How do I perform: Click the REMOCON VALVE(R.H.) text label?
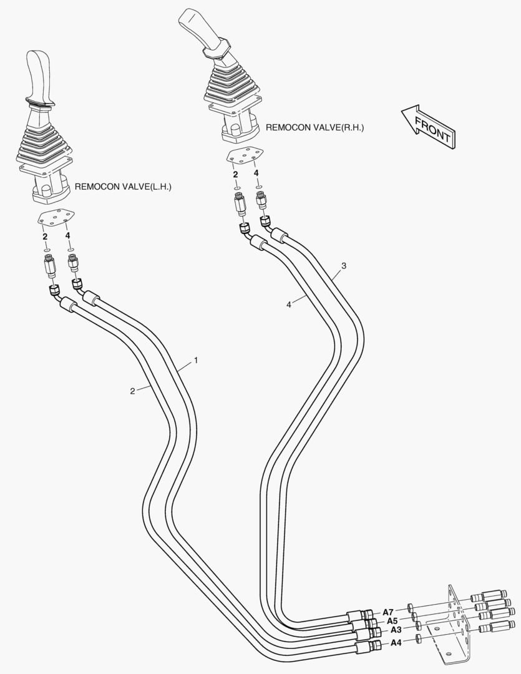pyautogui.click(x=314, y=127)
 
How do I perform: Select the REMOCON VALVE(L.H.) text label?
pyautogui.click(x=123, y=187)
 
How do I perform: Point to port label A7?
pyautogui.click(x=388, y=612)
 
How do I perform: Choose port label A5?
pyautogui.click(x=392, y=621)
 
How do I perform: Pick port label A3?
pyautogui.click(x=396, y=630)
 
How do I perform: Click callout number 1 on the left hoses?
pyautogui.click(x=196, y=360)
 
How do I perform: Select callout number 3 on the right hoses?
pyautogui.click(x=344, y=266)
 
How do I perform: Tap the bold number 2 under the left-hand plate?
pyautogui.click(x=45, y=237)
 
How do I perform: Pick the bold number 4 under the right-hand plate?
pyautogui.click(x=256, y=173)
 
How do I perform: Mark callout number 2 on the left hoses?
pyautogui.click(x=132, y=391)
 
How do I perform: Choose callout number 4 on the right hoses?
pyautogui.click(x=288, y=305)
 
